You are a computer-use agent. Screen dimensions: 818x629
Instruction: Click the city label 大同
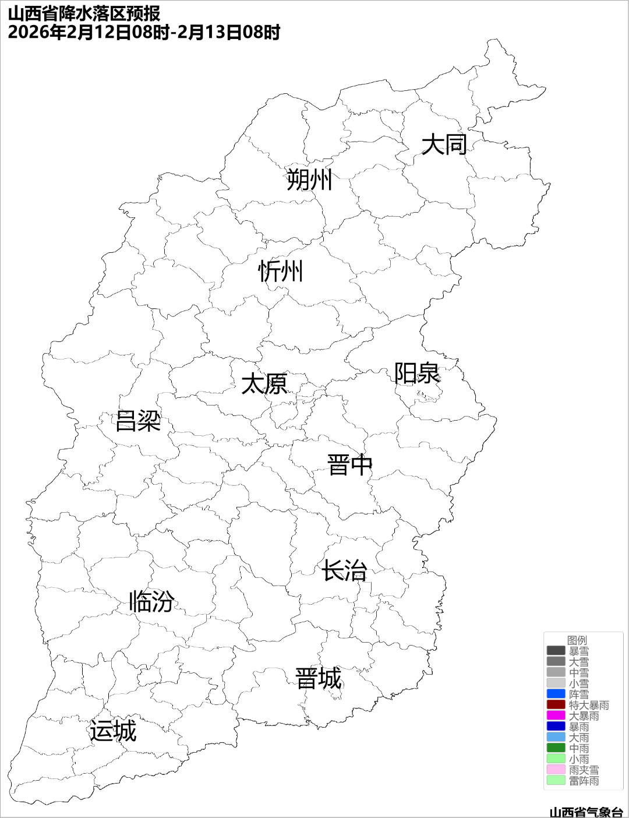(444, 144)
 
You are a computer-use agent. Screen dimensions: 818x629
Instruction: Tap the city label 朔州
(309, 179)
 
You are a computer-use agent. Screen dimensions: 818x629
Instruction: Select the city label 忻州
(281, 272)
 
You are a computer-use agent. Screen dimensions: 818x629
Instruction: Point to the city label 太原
(264, 385)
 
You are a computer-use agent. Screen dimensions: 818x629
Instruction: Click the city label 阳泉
(417, 373)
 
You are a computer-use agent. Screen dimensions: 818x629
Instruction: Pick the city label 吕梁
(138, 421)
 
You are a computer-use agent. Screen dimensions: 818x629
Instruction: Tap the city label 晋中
(349, 466)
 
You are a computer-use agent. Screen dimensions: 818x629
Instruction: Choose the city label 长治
(344, 570)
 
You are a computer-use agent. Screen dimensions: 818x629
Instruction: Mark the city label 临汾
(151, 601)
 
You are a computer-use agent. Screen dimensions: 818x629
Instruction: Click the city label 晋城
(319, 679)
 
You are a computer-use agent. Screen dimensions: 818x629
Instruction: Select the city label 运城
(113, 731)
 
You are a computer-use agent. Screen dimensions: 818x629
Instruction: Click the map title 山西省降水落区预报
(84, 13)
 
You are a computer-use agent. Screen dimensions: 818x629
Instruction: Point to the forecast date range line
(144, 32)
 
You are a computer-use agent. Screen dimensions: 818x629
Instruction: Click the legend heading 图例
(577, 640)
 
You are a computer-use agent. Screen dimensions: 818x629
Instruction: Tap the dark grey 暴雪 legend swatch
(556, 651)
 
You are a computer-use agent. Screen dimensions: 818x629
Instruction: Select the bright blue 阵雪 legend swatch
(556, 694)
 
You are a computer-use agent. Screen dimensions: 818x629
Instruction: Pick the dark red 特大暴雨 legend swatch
(556, 705)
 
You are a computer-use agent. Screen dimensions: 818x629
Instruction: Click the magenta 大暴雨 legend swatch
(556, 715)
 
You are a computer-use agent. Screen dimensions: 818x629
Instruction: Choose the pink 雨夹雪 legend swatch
(556, 770)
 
